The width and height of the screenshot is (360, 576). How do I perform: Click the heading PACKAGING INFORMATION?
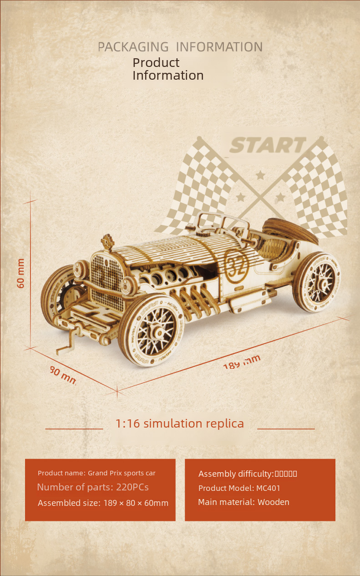[x=180, y=47]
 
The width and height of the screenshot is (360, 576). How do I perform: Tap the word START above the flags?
[x=268, y=145]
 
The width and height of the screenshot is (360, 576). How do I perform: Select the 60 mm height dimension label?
[x=21, y=273]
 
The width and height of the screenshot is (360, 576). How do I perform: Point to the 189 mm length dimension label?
[x=242, y=362]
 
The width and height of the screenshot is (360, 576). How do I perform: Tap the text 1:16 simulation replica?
[x=180, y=423]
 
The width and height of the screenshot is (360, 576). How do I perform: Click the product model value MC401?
[x=268, y=488]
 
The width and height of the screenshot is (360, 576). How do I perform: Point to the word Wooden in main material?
[x=273, y=502]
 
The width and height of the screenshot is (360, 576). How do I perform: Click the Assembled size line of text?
[x=103, y=503]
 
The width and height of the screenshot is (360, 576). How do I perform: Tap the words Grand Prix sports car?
[x=122, y=473]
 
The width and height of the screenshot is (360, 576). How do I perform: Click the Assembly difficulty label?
[x=235, y=474]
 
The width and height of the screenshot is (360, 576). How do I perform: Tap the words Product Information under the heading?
[x=167, y=69]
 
